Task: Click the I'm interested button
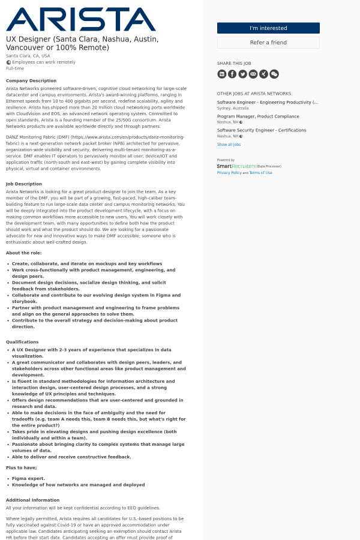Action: (268, 28)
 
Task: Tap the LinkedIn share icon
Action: (222, 74)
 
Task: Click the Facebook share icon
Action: (232, 74)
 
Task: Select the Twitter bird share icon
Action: (242, 74)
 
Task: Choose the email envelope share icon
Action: (253, 74)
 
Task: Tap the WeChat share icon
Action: (274, 74)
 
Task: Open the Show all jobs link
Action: (229, 145)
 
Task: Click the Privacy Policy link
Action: (229, 173)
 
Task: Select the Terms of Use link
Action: (260, 173)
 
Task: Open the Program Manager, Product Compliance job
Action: (258, 116)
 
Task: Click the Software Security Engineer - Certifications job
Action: (262, 130)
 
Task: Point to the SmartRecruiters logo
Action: (236, 166)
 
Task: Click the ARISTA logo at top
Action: (81, 19)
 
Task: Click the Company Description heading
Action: (31, 80)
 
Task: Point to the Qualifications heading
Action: (22, 342)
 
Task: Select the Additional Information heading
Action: (33, 500)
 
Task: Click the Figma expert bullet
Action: (28, 478)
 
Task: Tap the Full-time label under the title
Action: (15, 68)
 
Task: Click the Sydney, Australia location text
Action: (233, 108)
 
